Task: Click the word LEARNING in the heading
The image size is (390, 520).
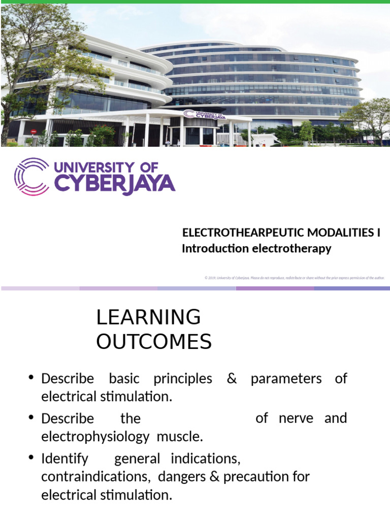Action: pyautogui.click(x=148, y=317)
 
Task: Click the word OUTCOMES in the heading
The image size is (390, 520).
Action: pyautogui.click(x=154, y=342)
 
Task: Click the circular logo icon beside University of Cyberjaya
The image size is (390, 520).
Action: pyautogui.click(x=32, y=176)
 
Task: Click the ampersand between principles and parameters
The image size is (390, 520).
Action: pyautogui.click(x=232, y=379)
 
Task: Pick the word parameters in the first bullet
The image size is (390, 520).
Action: pyautogui.click(x=286, y=379)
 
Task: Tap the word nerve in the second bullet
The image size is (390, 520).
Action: pyautogui.click(x=296, y=418)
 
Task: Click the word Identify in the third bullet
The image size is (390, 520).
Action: pyautogui.click(x=64, y=459)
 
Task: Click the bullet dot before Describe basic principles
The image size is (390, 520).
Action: pyautogui.click(x=31, y=378)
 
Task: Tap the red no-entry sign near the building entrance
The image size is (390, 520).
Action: pyautogui.click(x=34, y=132)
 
